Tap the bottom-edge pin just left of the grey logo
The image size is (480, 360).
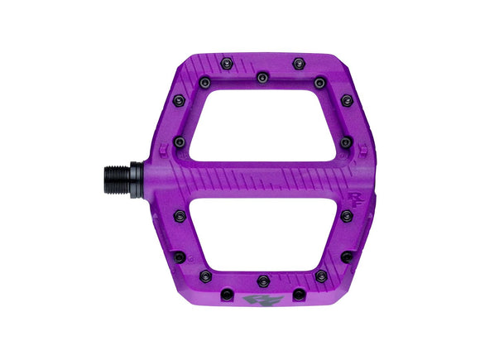point(226,293)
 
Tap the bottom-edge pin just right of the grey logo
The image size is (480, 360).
point(298,293)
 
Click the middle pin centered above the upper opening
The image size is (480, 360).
point(262,77)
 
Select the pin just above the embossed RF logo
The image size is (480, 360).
point(346,142)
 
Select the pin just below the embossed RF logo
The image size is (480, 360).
point(346,215)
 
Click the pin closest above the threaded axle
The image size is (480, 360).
point(180,142)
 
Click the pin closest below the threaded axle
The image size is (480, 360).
point(180,216)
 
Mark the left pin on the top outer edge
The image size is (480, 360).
point(226,62)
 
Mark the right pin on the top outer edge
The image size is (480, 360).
point(298,62)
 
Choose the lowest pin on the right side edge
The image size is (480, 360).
point(347,257)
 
